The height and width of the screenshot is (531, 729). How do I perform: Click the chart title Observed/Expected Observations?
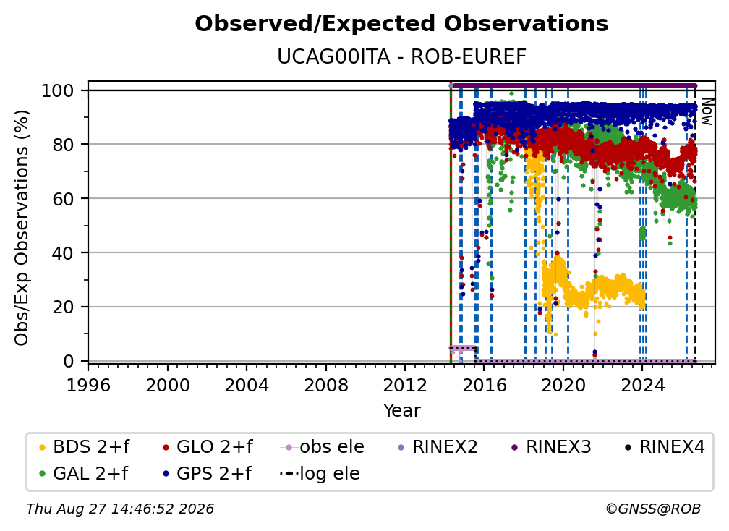[x=401, y=24]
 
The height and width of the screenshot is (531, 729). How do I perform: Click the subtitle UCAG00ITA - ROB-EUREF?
[x=401, y=56]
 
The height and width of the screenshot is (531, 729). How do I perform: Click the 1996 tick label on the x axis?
[x=88, y=385]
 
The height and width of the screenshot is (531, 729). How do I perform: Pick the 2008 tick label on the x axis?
[x=326, y=385]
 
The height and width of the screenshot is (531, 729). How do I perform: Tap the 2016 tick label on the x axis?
[x=484, y=385]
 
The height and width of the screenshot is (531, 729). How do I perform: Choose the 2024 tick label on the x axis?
[x=642, y=385]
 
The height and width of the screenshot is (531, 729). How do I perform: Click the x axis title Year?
[x=401, y=411]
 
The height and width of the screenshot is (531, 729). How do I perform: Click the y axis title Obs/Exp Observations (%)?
[x=22, y=228]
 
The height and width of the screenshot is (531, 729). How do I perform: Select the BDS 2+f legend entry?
[x=85, y=447]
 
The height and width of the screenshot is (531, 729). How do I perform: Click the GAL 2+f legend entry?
[x=84, y=473]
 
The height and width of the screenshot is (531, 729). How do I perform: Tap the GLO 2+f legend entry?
[x=208, y=447]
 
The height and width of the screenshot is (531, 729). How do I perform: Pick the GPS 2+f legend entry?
[x=208, y=473]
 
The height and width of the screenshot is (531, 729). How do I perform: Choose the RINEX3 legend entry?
[x=551, y=447]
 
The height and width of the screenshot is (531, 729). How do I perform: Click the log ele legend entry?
[x=320, y=473]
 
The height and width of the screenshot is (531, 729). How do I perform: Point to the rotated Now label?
[x=707, y=111]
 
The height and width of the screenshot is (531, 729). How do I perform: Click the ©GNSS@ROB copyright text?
[x=653, y=509]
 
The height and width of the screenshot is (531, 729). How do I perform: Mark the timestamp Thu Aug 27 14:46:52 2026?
[x=120, y=509]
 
